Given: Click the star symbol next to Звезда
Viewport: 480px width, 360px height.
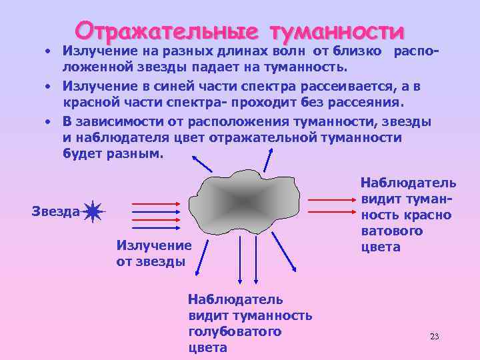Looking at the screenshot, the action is click(93, 211).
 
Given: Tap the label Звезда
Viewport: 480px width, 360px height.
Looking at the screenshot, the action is click(55, 211).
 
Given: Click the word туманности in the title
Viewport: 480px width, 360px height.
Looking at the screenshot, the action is click(337, 31).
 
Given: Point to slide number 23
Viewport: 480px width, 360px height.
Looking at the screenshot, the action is click(435, 335).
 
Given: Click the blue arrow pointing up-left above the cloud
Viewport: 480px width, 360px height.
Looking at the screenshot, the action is click(202, 163).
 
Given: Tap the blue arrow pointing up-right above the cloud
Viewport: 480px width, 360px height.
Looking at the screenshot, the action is click(269, 159).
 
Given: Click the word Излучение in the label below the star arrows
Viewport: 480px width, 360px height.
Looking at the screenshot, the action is click(153, 245).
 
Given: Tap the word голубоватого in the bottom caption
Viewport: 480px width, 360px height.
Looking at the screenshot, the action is click(235, 331).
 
